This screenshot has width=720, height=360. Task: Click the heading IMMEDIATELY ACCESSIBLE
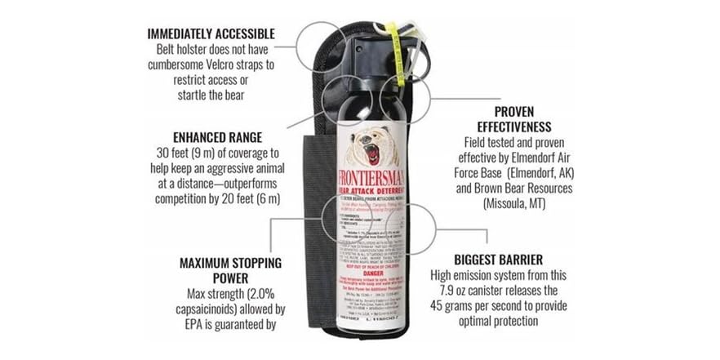click(x=211, y=33)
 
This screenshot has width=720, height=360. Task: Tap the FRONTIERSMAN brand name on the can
click(x=375, y=178)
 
